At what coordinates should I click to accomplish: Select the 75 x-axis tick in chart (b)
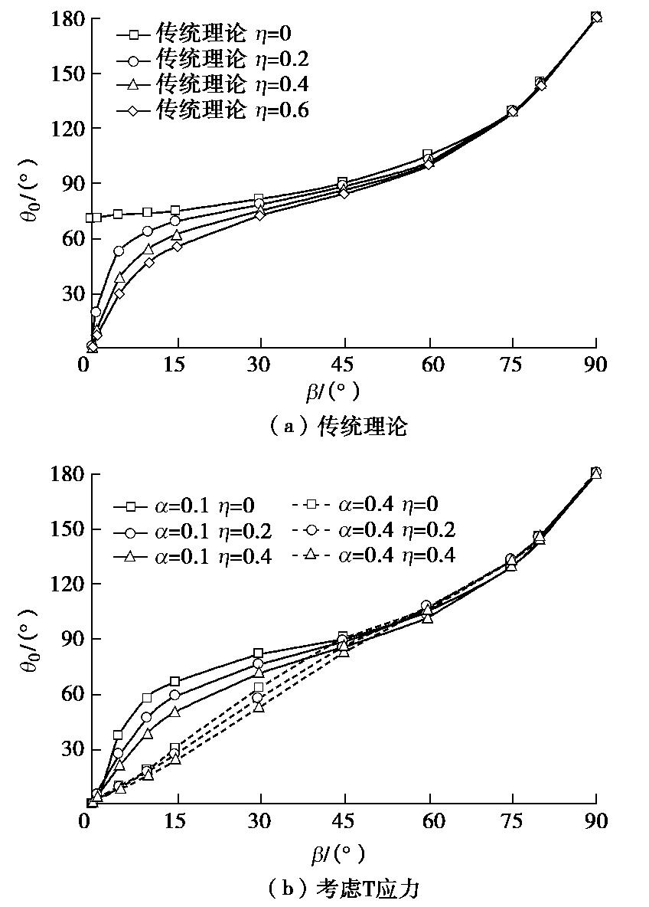pos(512,822)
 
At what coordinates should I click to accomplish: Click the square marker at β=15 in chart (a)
pos(175,211)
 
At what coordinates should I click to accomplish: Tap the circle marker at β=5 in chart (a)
pos(119,250)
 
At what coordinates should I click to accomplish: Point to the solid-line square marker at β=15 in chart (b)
pos(175,681)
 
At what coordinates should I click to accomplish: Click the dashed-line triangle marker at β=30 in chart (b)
pos(259,707)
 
